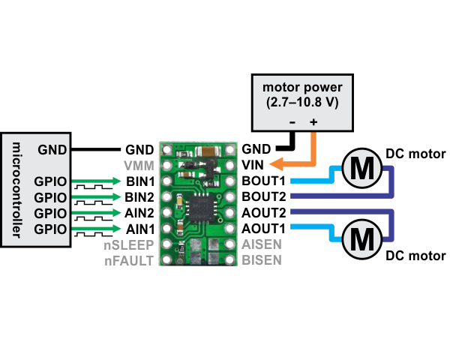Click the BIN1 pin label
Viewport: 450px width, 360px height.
[140, 181]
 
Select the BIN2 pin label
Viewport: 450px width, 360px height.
[140, 196]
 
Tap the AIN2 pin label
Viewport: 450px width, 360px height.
[140, 213]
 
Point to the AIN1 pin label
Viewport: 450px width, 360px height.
[140, 228]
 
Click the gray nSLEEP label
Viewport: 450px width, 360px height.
[129, 244]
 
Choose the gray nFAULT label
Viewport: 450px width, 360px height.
[130, 260]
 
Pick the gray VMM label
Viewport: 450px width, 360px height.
[139, 165]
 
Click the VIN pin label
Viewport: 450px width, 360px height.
[253, 165]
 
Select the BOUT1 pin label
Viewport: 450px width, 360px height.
[264, 181]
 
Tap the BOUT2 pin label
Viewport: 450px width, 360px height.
[264, 196]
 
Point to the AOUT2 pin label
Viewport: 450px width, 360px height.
[264, 213]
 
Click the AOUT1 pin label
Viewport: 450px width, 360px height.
[264, 228]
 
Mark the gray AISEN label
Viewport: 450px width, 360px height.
[262, 244]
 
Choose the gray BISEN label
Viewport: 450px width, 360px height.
[262, 260]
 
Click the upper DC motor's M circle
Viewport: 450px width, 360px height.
[361, 167]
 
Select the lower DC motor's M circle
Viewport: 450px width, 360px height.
[361, 239]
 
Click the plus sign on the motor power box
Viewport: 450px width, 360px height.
[313, 121]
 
